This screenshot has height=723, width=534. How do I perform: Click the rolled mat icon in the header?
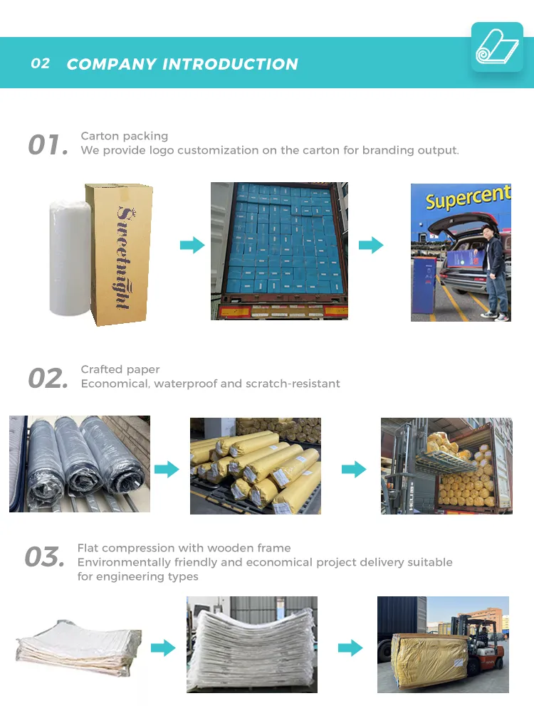pos(497,47)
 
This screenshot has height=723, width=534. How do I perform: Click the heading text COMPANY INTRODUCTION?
pos(182,64)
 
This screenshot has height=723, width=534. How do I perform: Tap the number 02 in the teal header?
pos(41,63)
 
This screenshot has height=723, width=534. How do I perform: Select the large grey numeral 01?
pos(48,145)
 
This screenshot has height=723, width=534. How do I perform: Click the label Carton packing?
pos(125,136)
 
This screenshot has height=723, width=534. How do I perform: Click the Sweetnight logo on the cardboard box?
pos(122,258)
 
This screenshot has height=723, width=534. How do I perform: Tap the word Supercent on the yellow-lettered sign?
pos(468,198)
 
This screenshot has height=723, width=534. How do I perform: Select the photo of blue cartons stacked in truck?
pos(279,250)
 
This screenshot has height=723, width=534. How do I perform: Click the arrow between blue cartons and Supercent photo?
pos(371,246)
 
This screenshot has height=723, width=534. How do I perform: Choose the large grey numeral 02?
pos(48,379)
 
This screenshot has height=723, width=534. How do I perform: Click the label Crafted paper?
pos(120,369)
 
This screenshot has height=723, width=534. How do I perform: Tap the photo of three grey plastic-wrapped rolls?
pos(79,463)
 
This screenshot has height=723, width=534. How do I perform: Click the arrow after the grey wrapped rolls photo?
pos(167,470)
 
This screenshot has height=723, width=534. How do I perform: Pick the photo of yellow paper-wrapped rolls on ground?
pos(255,465)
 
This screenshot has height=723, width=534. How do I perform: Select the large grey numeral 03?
pos(44,557)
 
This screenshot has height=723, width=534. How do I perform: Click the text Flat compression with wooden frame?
pos(184,548)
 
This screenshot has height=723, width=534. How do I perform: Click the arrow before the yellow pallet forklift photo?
pos(350,648)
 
